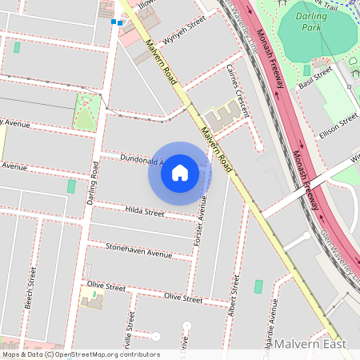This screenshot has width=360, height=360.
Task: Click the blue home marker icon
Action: point(180,173)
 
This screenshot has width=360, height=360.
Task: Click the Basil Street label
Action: point(314,78)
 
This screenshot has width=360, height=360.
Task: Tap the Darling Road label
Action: point(94,182)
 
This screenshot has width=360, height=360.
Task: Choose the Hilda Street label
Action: point(145,212)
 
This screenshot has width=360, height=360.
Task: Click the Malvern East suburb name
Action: point(310,344)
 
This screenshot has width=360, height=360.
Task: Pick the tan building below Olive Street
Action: point(92,302)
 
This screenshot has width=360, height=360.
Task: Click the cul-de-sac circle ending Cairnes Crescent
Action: point(259,146)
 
